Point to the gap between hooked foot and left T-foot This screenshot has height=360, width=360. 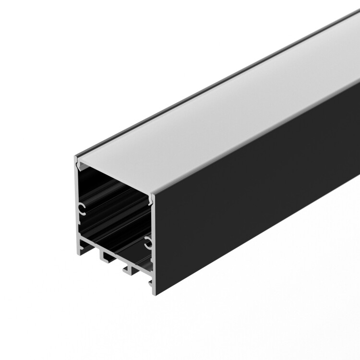point(91,252)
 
